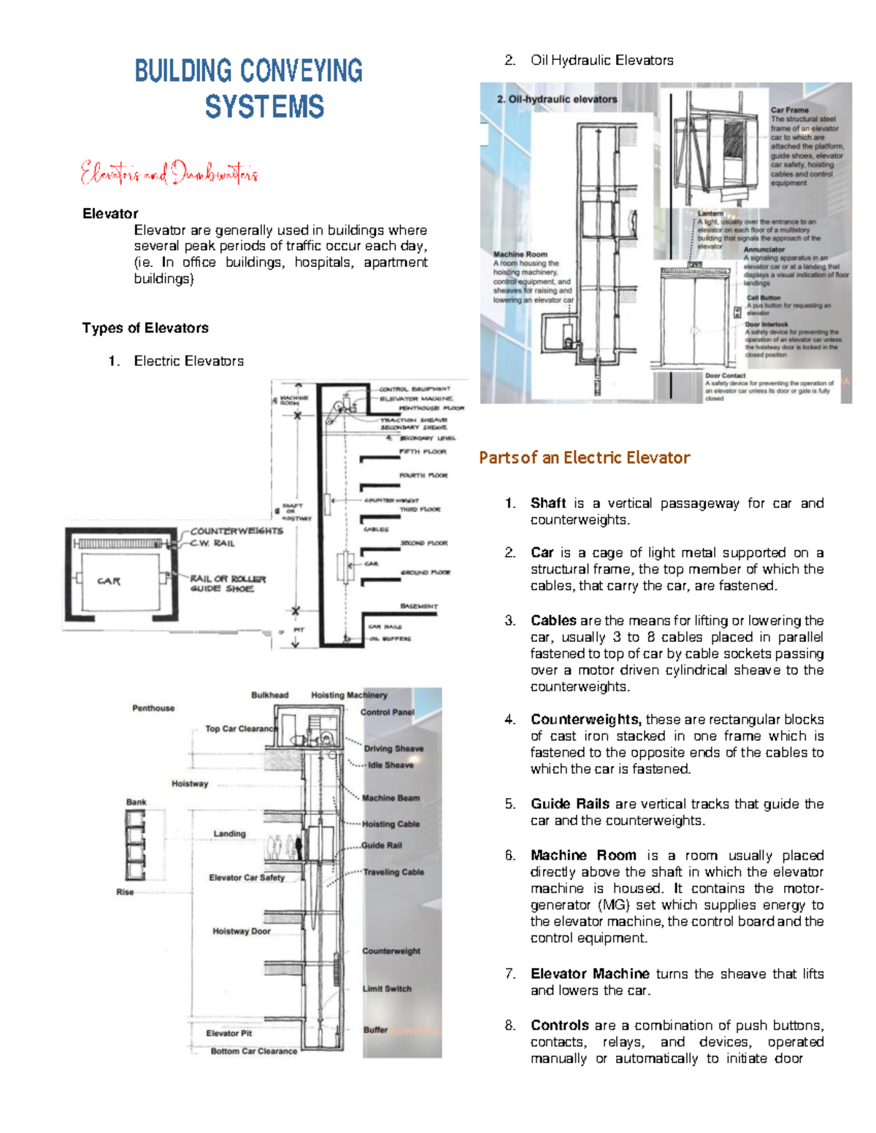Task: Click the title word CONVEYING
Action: pos(301,71)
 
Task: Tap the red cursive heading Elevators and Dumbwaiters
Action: pos(169,174)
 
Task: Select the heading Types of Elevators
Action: pos(145,328)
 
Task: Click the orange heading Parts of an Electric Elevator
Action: pos(584,457)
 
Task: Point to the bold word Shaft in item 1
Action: pos(548,503)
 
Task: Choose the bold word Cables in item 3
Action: pos(553,620)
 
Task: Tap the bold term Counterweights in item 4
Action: pos(585,719)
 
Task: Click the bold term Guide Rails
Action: pos(569,803)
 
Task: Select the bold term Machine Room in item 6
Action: pos(583,855)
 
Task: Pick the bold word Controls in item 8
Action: pos(559,1025)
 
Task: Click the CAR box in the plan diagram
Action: pos(109,581)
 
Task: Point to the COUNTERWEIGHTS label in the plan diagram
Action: pos(236,530)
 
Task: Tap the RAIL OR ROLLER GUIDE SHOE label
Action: pos(227,584)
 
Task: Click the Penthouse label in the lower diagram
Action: pos(153,708)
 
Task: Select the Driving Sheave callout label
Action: pos(393,749)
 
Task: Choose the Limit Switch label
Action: pos(387,989)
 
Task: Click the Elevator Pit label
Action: pos(228,1033)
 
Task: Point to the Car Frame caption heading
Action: pos(789,110)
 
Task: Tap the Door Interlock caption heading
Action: pos(766,324)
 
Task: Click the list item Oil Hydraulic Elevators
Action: pos(602,61)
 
